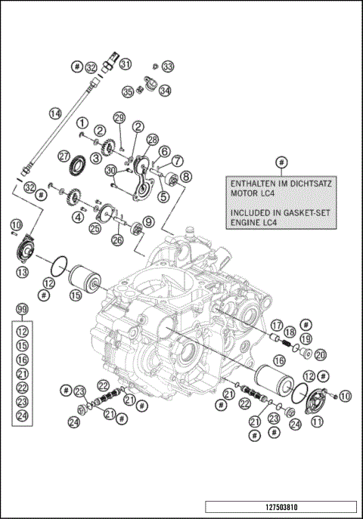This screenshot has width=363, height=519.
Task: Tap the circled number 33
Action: click(x=167, y=66)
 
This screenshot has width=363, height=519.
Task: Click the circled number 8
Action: click(x=185, y=176)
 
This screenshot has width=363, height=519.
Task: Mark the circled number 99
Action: click(x=22, y=310)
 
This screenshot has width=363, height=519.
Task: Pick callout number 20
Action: click(x=320, y=355)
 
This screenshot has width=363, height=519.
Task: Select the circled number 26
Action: click(x=116, y=240)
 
